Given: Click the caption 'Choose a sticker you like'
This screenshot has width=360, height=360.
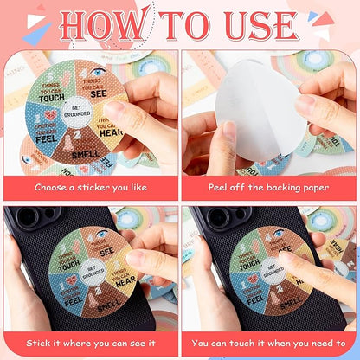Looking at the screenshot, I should (x=90, y=186).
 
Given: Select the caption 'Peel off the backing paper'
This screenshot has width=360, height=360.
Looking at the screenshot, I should (x=269, y=186).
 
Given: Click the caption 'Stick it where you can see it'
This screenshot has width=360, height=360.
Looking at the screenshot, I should (x=90, y=340).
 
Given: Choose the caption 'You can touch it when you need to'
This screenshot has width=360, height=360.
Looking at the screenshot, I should (x=269, y=340).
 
